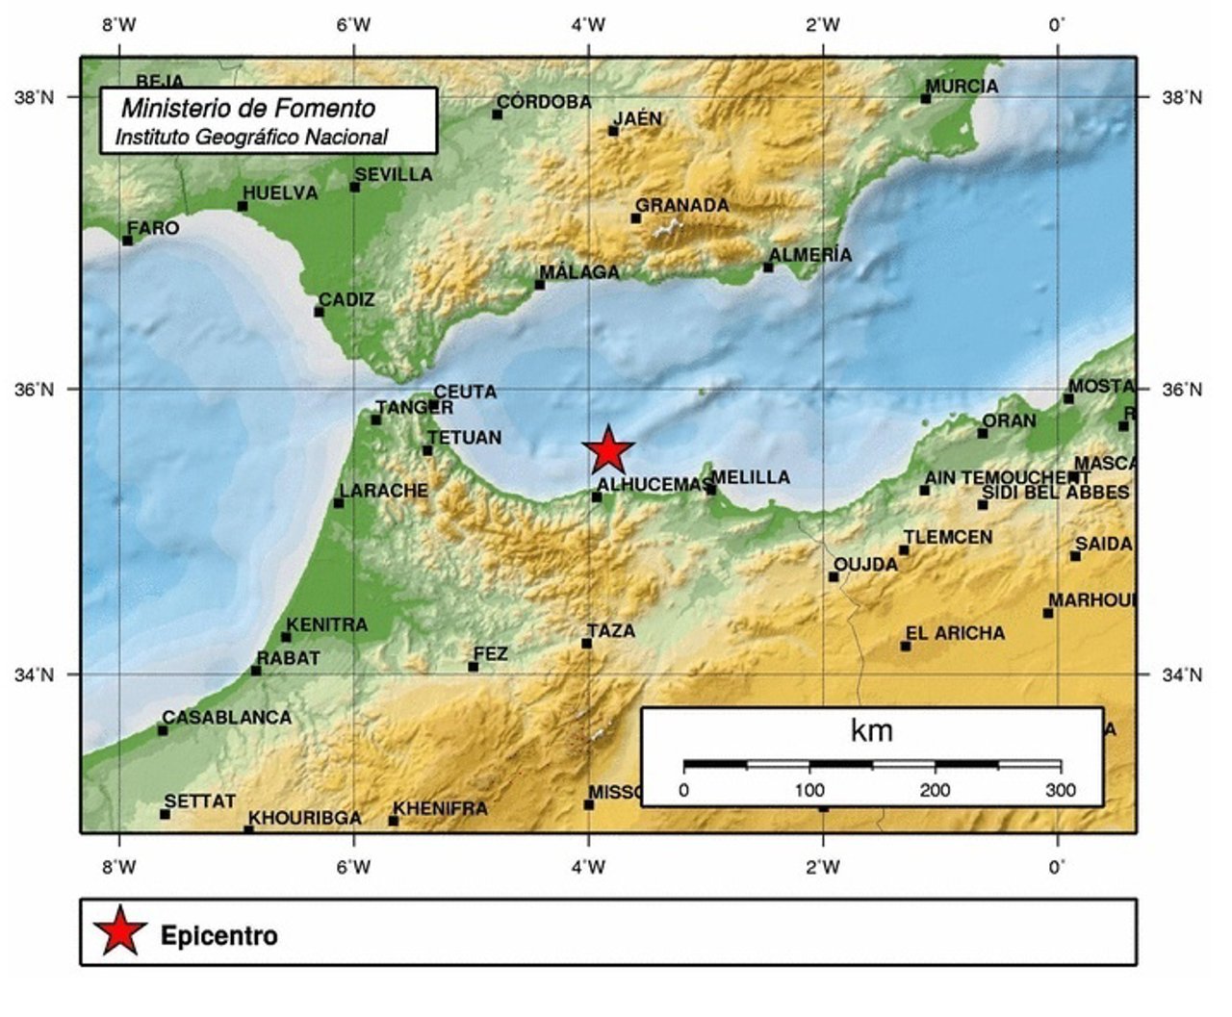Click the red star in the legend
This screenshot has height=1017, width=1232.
(x=119, y=931)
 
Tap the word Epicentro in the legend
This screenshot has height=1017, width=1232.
(x=219, y=935)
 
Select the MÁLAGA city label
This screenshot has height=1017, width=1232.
(x=579, y=272)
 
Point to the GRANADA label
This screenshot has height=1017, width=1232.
(x=682, y=205)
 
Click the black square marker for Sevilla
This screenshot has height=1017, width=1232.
(x=354, y=187)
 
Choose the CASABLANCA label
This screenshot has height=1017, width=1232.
(x=226, y=717)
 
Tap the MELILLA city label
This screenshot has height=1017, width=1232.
(x=751, y=477)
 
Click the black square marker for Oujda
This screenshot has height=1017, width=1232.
(x=834, y=576)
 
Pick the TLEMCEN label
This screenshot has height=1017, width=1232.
(x=948, y=537)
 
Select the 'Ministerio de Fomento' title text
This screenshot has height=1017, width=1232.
(x=248, y=108)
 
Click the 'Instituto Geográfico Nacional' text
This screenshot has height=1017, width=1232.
(x=251, y=138)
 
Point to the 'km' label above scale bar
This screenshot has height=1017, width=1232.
(x=872, y=731)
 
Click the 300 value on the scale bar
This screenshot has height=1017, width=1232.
(x=1061, y=791)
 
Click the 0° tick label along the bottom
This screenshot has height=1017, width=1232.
(x=1057, y=867)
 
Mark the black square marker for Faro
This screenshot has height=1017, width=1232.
(x=127, y=241)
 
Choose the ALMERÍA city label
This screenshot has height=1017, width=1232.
(x=811, y=254)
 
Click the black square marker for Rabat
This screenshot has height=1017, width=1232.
(x=255, y=671)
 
